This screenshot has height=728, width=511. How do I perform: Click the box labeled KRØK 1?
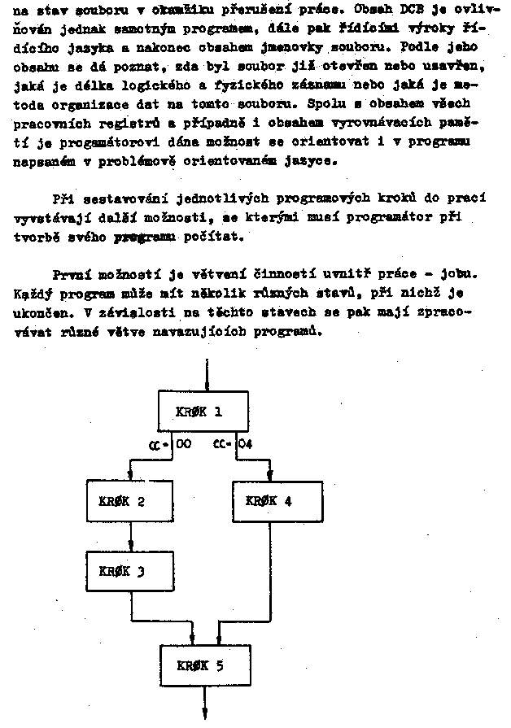pos(199,412)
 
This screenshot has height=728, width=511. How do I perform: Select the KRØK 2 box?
pos(131,501)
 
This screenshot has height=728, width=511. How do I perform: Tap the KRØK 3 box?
pos(131,572)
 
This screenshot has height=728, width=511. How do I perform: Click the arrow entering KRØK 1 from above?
pos(209,377)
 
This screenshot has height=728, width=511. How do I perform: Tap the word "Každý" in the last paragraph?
pos(33,293)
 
